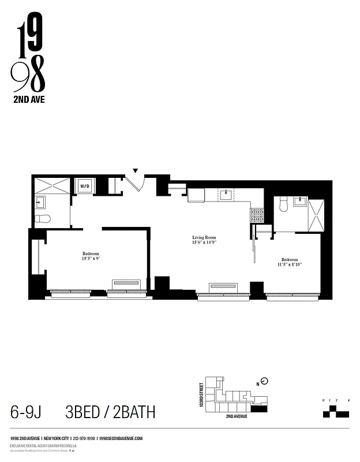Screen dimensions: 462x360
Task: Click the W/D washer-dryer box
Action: tap(84, 186)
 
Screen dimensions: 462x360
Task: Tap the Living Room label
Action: tap(204, 237)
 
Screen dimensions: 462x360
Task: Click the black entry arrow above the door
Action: tap(136, 170)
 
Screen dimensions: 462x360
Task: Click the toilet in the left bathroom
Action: tap(42, 219)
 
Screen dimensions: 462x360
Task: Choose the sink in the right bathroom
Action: tap(300, 202)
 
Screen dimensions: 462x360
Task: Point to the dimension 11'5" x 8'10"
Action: tap(290, 265)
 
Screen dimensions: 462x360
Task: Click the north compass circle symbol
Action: tap(265, 381)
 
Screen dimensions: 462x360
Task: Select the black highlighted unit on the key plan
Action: tap(260, 408)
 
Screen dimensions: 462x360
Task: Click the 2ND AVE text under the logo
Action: tap(28, 99)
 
